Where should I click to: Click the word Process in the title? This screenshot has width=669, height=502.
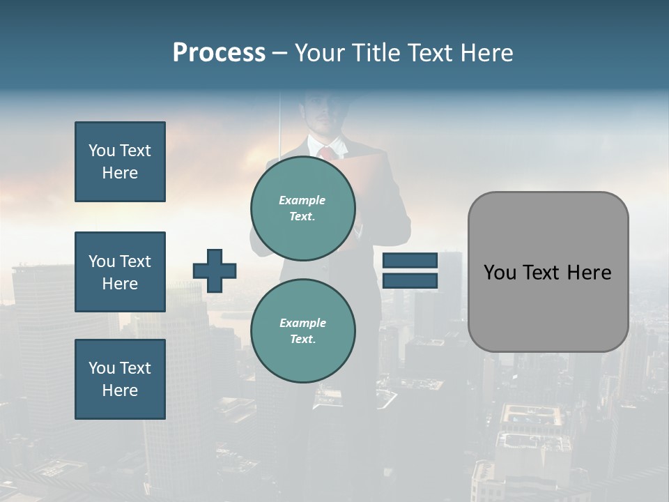coord(219,53)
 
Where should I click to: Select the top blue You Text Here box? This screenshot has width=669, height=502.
coord(120,162)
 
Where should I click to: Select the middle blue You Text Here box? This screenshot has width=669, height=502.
coord(120,272)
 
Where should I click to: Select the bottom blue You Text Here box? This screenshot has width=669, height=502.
coord(120,379)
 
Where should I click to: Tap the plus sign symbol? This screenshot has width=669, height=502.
coord(215,271)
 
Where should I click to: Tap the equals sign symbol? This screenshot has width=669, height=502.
coord(410,271)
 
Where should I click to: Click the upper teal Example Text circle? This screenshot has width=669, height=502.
coord(302,208)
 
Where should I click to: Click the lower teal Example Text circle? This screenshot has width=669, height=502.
coord(302,330)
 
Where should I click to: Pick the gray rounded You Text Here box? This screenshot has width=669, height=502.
coord(548,272)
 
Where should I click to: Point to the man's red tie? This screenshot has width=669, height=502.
coord(325,153)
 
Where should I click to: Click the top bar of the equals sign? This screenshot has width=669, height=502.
coord(410,260)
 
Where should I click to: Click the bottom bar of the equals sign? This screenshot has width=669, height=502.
coord(410,281)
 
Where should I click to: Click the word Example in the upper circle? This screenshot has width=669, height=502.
coord(302,200)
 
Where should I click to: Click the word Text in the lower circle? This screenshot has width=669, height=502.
coord(302,339)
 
